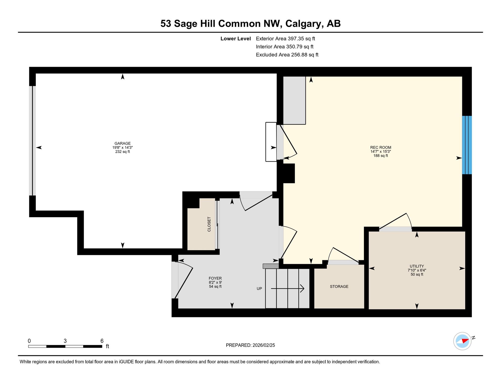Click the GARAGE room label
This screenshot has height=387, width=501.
click(x=122, y=143)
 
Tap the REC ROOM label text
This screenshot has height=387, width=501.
click(x=381, y=147)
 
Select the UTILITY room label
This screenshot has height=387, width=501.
click(x=417, y=266)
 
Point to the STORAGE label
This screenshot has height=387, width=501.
click(x=339, y=286)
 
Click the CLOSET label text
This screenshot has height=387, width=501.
click(x=209, y=224)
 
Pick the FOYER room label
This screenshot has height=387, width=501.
click(x=215, y=278)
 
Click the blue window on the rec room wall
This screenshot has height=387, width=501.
click(x=467, y=145)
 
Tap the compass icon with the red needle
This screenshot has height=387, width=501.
click(x=462, y=341)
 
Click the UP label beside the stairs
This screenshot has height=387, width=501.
click(x=259, y=289)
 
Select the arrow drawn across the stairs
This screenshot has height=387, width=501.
click(x=288, y=288)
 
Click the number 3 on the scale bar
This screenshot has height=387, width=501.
click(x=65, y=341)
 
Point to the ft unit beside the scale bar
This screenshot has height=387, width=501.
click(x=107, y=346)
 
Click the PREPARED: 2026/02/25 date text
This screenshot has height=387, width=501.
click(x=250, y=345)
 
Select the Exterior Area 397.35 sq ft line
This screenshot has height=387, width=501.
click(x=285, y=39)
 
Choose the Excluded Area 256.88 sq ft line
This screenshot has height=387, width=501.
click(x=287, y=55)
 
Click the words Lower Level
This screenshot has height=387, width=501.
click(x=236, y=39)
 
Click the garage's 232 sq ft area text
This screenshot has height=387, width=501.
click(x=122, y=152)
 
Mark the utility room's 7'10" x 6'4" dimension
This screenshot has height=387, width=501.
click(x=417, y=270)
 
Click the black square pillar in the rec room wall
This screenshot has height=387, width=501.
click(x=289, y=173)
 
